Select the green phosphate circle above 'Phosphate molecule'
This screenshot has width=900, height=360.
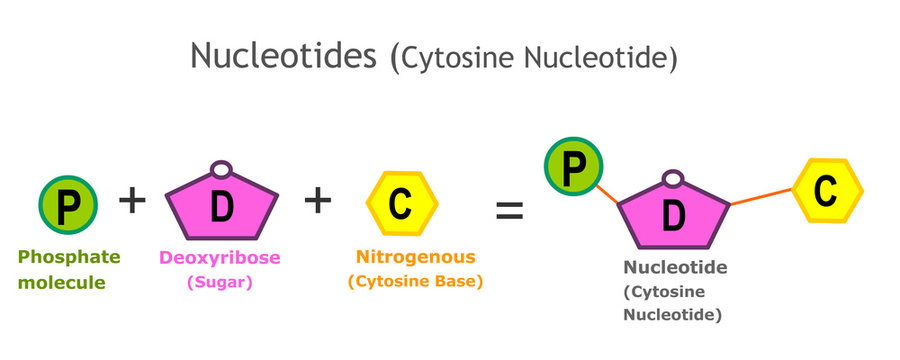(68, 204)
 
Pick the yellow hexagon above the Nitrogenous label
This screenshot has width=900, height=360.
(399, 204)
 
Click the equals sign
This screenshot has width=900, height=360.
(511, 210)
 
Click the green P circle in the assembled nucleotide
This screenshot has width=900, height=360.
(573, 166)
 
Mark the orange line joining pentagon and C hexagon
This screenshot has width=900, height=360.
(762, 197)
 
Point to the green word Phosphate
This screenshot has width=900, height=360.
(69, 257)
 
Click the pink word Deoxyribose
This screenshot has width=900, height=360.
(220, 257)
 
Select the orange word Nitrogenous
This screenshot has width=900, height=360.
(415, 257)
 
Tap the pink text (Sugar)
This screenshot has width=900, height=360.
(220, 282)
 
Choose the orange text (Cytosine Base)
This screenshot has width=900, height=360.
(415, 282)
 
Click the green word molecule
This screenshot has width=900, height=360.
(62, 282)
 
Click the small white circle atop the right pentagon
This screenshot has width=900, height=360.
(673, 179)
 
